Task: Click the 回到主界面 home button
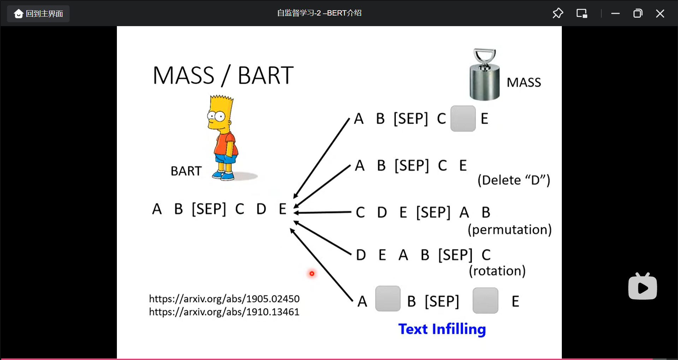click(x=38, y=14)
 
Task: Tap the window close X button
click(x=660, y=14)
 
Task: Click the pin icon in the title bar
click(x=558, y=13)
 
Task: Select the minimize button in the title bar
click(x=615, y=14)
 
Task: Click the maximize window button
click(x=638, y=14)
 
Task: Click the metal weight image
click(x=484, y=74)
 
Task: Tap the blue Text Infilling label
click(x=442, y=329)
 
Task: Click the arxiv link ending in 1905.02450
click(x=224, y=299)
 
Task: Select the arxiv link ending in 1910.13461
click(x=224, y=312)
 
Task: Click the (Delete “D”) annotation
click(x=514, y=180)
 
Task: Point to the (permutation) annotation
click(x=510, y=230)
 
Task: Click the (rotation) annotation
click(x=497, y=271)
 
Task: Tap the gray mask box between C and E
click(x=463, y=119)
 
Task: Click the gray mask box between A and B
click(x=388, y=299)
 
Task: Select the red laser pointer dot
click(x=312, y=274)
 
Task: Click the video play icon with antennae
click(x=643, y=286)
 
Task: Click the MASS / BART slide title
click(x=223, y=76)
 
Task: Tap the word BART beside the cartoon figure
click(x=186, y=171)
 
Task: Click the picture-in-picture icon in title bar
click(x=582, y=13)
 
